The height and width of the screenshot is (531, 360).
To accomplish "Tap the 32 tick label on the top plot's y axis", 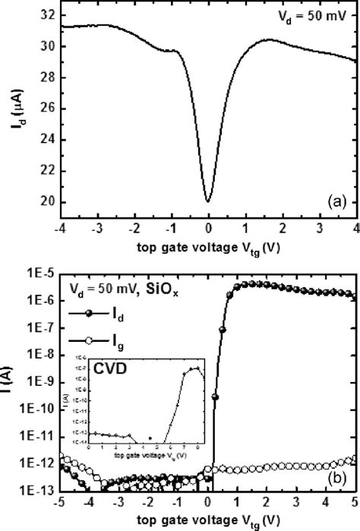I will (47, 14).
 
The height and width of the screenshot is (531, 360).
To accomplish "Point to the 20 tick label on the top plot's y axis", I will (47, 202).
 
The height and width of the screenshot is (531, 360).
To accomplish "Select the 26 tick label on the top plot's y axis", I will (47, 109).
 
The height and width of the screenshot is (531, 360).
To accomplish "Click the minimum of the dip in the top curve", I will (207, 201).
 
